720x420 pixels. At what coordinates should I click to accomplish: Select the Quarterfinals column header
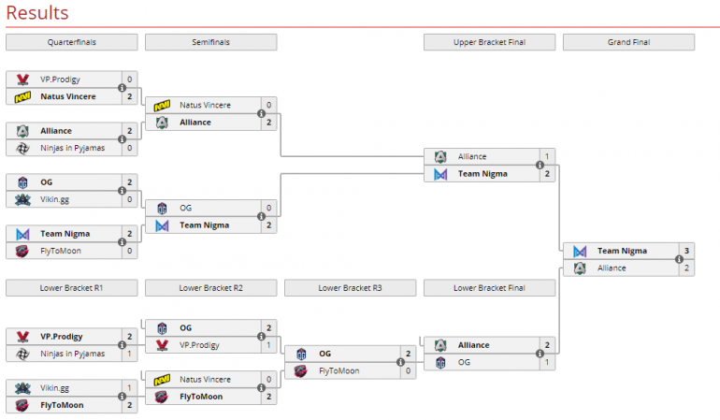click(x=71, y=42)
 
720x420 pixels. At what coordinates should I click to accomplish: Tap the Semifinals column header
click(x=210, y=42)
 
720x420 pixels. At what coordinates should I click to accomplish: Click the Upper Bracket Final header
click(x=489, y=42)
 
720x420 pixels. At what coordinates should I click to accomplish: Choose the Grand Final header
click(x=628, y=42)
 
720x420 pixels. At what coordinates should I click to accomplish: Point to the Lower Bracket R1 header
click(x=71, y=287)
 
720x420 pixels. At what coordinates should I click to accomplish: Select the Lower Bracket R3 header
click(x=350, y=287)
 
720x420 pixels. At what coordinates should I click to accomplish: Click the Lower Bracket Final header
click(x=489, y=287)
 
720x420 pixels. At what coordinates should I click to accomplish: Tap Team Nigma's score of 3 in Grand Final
click(x=686, y=251)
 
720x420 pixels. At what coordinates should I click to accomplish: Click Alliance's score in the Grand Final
click(x=686, y=268)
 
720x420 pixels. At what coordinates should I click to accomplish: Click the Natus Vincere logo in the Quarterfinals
click(x=22, y=96)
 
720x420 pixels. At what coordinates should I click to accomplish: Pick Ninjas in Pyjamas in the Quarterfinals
click(x=71, y=148)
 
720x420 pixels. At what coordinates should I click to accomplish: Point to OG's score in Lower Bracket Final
click(x=547, y=362)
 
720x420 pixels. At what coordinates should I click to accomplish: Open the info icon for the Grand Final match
click(x=679, y=259)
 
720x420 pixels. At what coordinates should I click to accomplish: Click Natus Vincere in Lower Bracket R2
click(x=205, y=380)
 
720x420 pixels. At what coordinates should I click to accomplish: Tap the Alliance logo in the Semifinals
click(x=162, y=123)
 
